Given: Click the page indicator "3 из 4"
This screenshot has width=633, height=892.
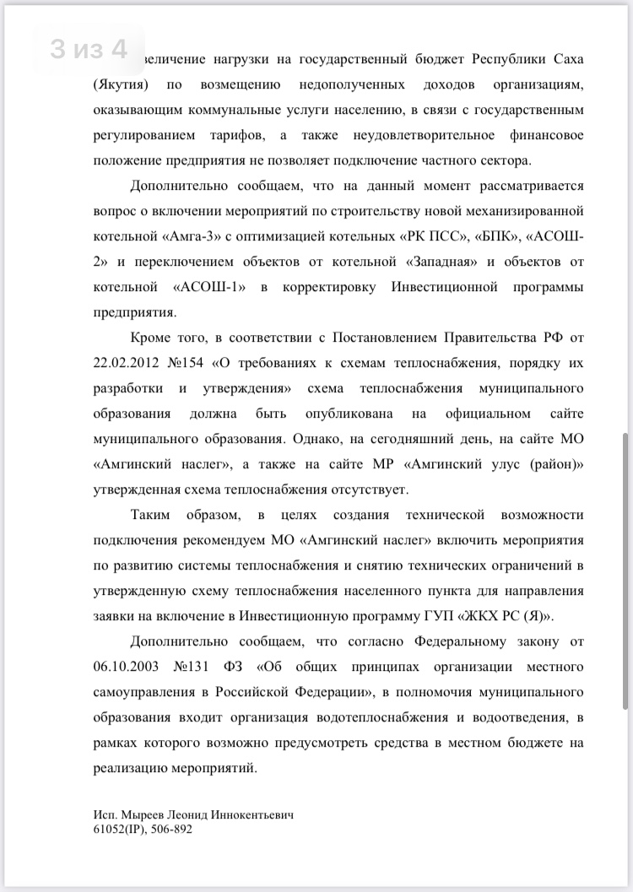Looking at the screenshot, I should coord(89,49).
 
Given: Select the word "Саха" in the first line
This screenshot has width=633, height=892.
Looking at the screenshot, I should coord(563,61).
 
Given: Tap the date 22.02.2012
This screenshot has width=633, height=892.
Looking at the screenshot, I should coord(128,363).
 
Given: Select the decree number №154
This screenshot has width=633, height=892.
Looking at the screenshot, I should coord(192,363).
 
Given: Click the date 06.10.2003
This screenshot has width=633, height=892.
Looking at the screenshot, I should coord(128,668).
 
